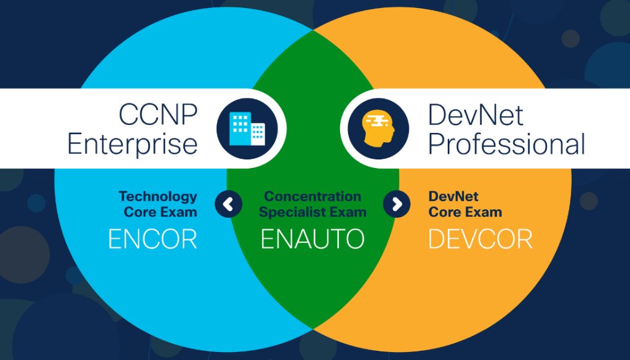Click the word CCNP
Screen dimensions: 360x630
pyautogui.click(x=157, y=114)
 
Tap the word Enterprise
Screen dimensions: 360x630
pyautogui.click(x=132, y=144)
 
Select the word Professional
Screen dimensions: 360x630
pyautogui.click(x=506, y=144)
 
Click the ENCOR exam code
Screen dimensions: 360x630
pyautogui.click(x=153, y=239)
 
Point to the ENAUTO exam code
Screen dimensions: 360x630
pyautogui.click(x=313, y=239)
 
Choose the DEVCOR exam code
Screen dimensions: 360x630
pyautogui.click(x=480, y=239)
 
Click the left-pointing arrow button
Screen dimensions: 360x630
pyautogui.click(x=228, y=204)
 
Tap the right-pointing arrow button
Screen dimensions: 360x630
pyautogui.click(x=397, y=204)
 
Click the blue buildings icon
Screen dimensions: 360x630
pyautogui.click(x=247, y=129)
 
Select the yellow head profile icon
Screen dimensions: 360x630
pyautogui.click(x=378, y=129)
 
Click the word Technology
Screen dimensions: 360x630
pyautogui.click(x=158, y=196)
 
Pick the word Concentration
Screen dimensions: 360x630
pyautogui.click(x=313, y=196)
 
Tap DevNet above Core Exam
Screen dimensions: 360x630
pyautogui.click(x=453, y=196)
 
